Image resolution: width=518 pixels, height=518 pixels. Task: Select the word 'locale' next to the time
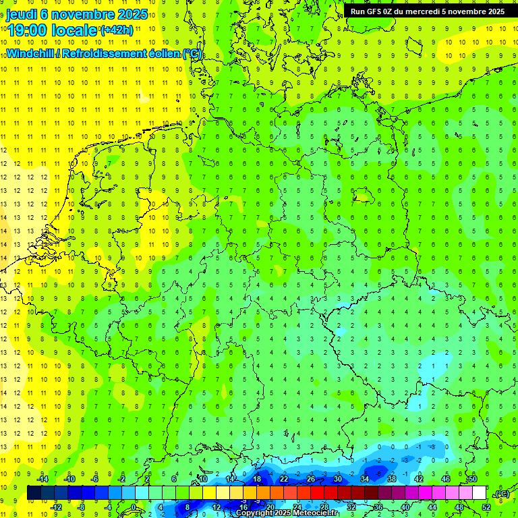pos(76,31)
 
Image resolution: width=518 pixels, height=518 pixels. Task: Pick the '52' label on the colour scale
pos(486,507)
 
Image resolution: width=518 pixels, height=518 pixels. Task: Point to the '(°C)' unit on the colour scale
pos(501,494)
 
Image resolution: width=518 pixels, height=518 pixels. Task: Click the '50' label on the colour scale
pos(473,479)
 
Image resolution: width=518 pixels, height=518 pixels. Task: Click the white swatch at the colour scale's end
pos(480,493)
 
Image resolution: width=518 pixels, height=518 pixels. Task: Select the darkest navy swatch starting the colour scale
pos(34,493)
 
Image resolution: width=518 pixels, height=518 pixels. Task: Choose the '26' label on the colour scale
pos(310,479)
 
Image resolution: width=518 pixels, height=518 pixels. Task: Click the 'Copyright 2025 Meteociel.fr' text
pos(286,513)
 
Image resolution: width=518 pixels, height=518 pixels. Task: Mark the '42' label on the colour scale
pos(418,479)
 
